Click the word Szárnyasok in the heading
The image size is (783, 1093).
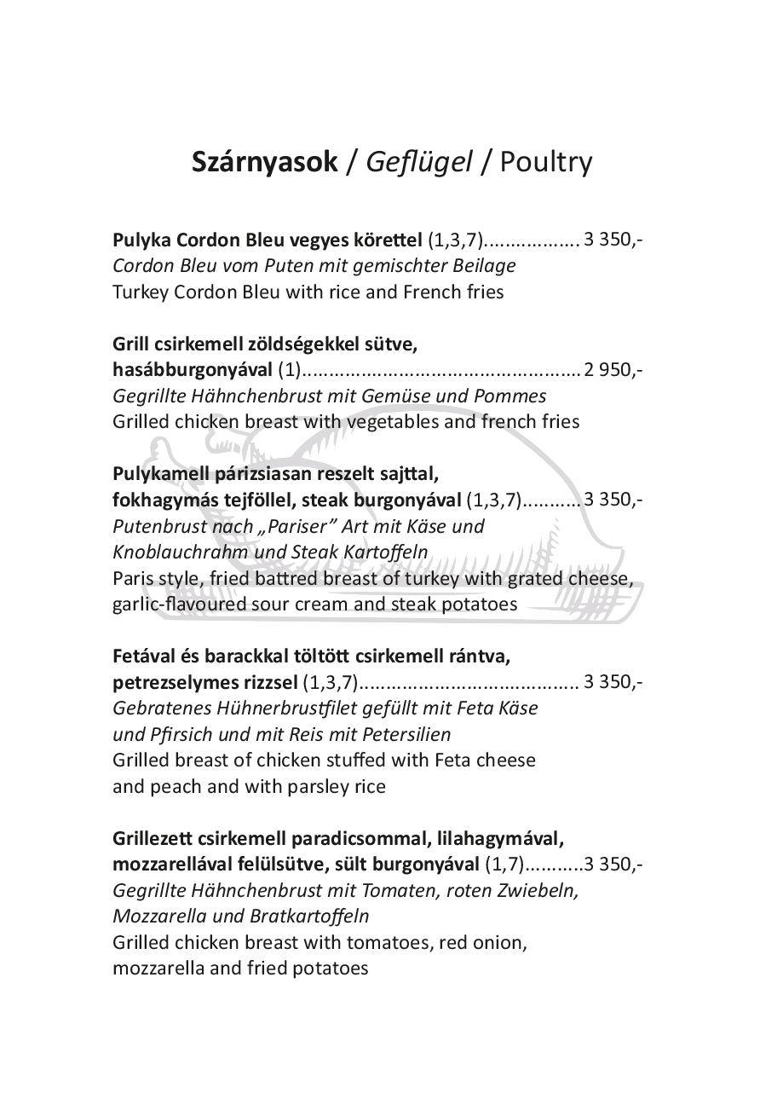click(x=265, y=161)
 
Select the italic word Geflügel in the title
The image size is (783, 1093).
click(x=418, y=161)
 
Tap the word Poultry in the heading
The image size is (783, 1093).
click(x=546, y=161)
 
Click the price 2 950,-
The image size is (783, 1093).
click(x=613, y=369)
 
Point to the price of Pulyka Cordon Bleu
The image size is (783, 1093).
click(x=613, y=239)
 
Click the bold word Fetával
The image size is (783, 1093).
click(x=146, y=656)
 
